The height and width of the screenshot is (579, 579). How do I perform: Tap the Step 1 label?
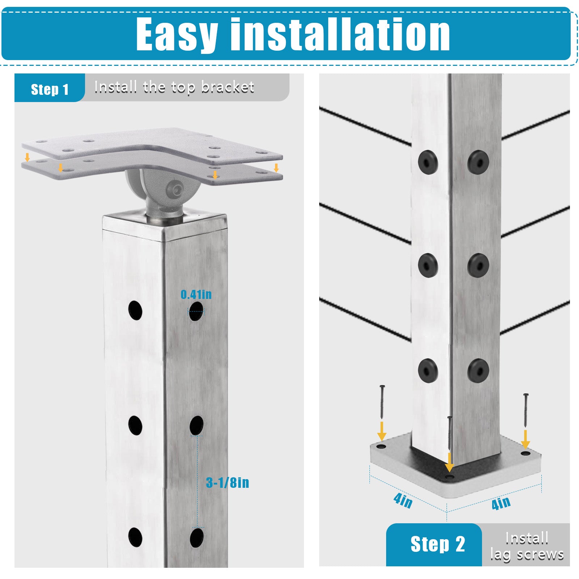click(50, 89)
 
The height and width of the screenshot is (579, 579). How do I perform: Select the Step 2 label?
click(438, 544)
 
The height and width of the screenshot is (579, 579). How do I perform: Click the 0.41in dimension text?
click(196, 295)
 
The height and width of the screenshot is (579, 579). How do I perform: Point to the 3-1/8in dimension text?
click(228, 482)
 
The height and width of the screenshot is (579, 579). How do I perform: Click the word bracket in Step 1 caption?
click(227, 87)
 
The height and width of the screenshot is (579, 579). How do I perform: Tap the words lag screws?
click(527, 554)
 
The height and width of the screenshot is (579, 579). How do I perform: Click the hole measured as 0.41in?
click(196, 311)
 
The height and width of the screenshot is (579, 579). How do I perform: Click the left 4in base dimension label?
click(403, 501)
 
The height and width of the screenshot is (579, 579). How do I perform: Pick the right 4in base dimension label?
click(501, 503)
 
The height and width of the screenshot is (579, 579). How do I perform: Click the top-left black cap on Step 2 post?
click(428, 162)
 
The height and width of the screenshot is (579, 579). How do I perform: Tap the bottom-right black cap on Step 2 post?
click(478, 371)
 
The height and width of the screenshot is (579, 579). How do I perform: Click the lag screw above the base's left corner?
click(381, 401)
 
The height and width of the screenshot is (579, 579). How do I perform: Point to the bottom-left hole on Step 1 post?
click(135, 537)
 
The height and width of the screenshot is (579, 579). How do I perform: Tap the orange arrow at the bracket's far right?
click(276, 168)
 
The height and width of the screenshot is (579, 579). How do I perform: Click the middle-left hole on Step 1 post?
click(135, 425)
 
